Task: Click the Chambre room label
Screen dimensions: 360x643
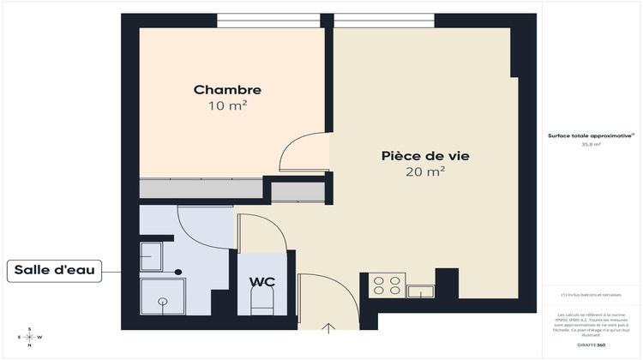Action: tap(227, 90)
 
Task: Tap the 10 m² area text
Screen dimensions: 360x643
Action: tap(227, 106)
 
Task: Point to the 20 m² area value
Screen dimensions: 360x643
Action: tap(425, 172)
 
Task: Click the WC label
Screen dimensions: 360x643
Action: tap(261, 281)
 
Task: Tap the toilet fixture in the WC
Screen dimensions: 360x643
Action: tap(261, 300)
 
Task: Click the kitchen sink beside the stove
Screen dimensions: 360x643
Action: tap(422, 291)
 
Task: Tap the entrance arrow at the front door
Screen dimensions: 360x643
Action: tap(328, 327)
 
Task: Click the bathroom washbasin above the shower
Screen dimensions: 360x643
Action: tap(151, 255)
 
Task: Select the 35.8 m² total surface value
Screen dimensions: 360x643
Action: tap(592, 145)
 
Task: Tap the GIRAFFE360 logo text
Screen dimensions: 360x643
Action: tap(591, 345)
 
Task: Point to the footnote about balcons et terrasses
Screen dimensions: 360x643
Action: tap(592, 295)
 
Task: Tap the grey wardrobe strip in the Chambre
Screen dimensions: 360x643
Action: tap(201, 189)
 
